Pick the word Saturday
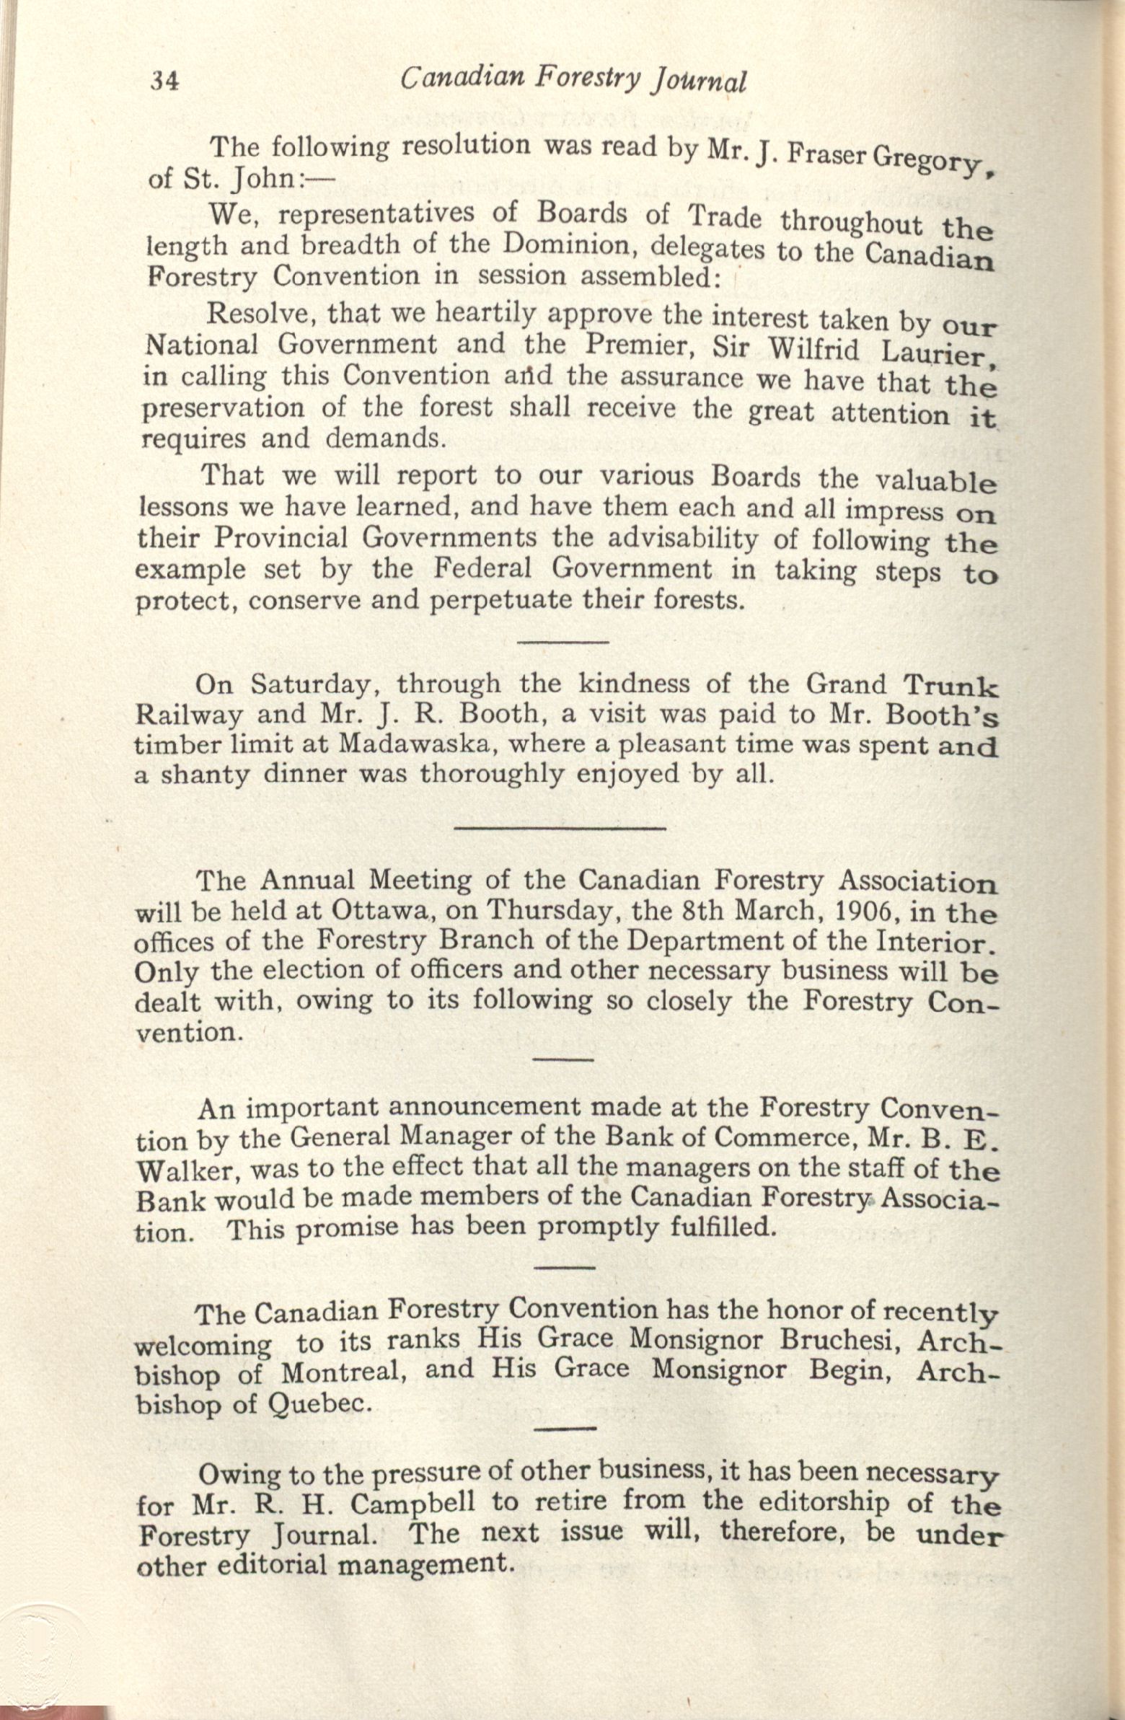(312, 684)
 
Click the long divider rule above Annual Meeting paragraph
(560, 828)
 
